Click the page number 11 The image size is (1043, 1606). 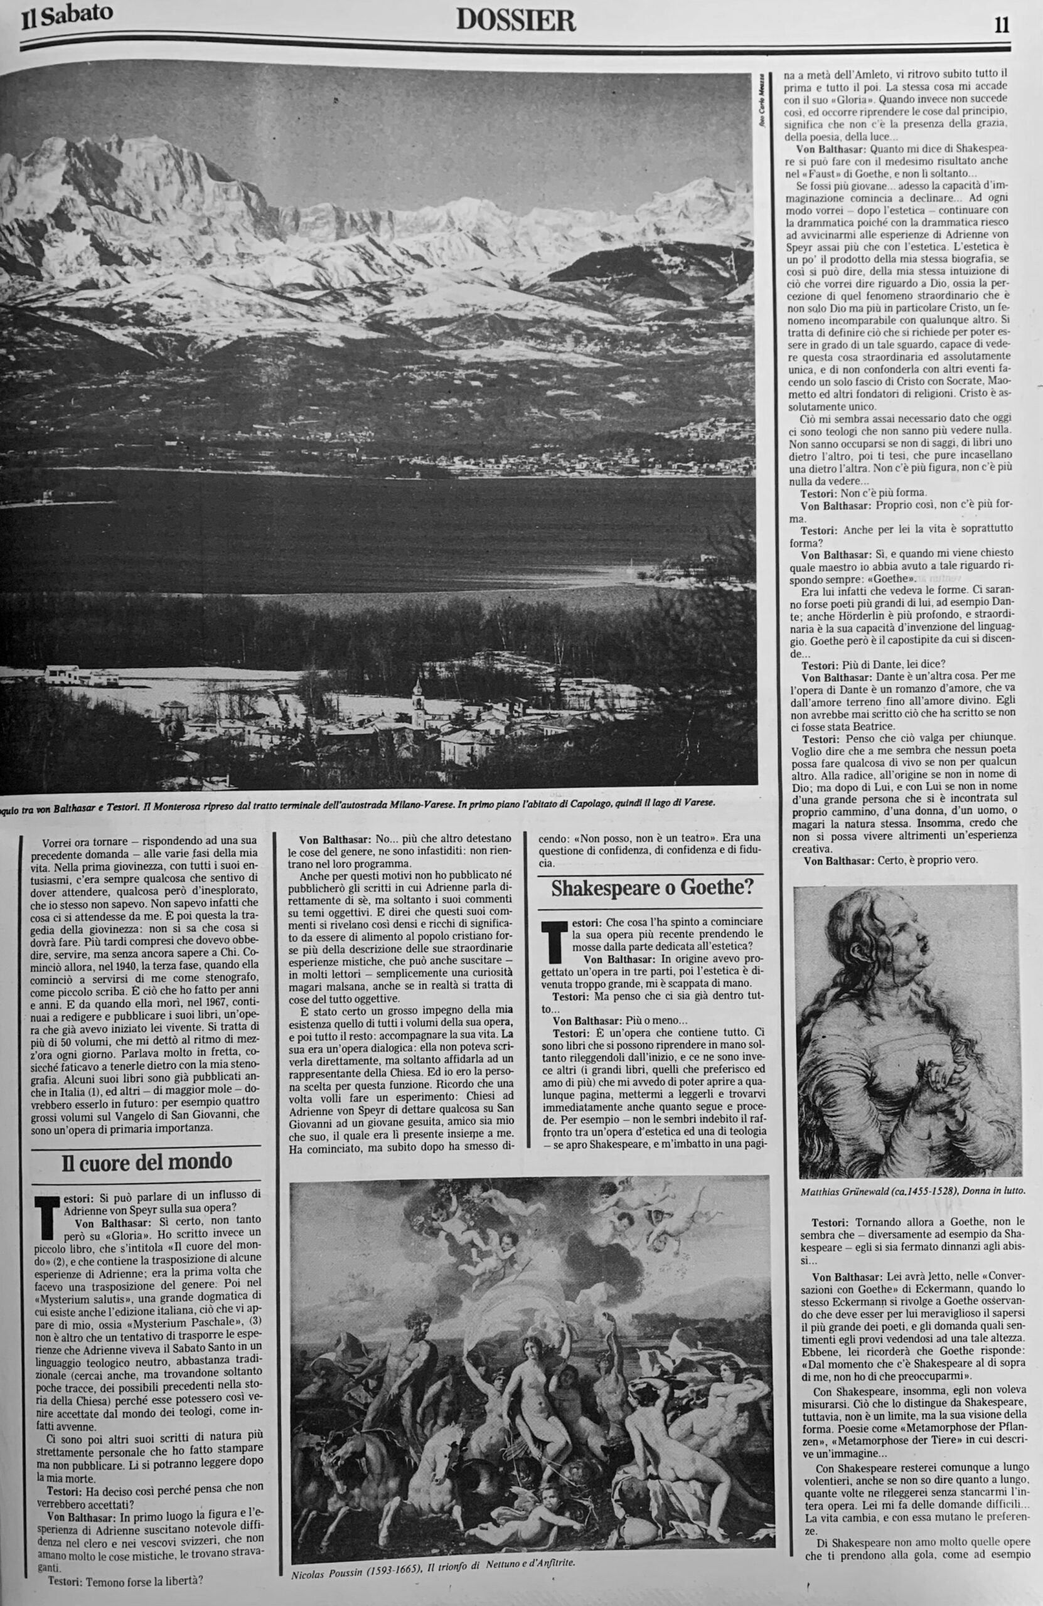(x=1001, y=25)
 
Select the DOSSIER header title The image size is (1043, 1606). (x=516, y=21)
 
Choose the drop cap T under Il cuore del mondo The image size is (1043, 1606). (x=45, y=1215)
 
